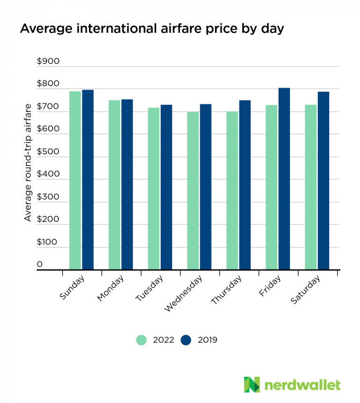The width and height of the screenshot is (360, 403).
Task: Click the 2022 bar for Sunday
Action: pyautogui.click(x=75, y=180)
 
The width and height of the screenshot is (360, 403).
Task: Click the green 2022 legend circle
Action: pyautogui.click(x=142, y=340)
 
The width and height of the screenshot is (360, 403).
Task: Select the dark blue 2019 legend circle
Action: pyautogui.click(x=186, y=340)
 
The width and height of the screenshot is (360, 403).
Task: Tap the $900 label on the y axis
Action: pyautogui.click(x=48, y=62)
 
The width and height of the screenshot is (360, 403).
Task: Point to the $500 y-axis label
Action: pyautogui.click(x=48, y=152)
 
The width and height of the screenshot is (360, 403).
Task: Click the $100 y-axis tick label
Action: pyautogui.click(x=48, y=242)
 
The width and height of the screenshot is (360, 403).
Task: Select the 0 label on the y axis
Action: pyautogui.click(x=40, y=264)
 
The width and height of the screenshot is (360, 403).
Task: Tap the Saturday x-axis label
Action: pyautogui.click(x=306, y=290)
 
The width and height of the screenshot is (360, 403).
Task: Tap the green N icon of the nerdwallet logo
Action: pyautogui.click(x=252, y=385)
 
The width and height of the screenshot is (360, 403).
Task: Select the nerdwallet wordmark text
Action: pyautogui.click(x=302, y=385)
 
